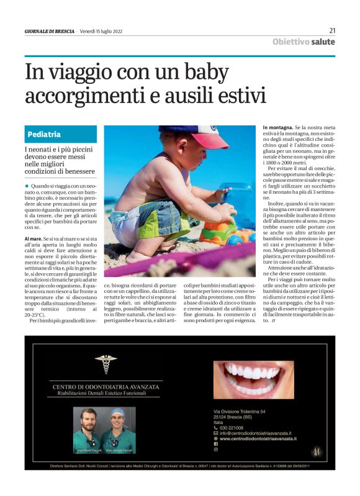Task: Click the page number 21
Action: tap(332, 30)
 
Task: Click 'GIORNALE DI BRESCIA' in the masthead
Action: tap(50, 30)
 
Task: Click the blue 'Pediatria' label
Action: tap(44, 134)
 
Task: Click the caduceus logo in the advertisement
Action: tap(105, 364)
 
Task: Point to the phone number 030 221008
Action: tap(233, 428)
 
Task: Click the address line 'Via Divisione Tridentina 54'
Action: tap(240, 411)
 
